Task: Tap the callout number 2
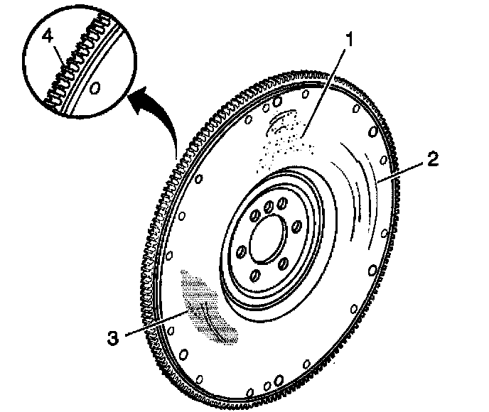[431, 161]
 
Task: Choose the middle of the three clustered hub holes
[269, 207]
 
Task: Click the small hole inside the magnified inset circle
[97, 88]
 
